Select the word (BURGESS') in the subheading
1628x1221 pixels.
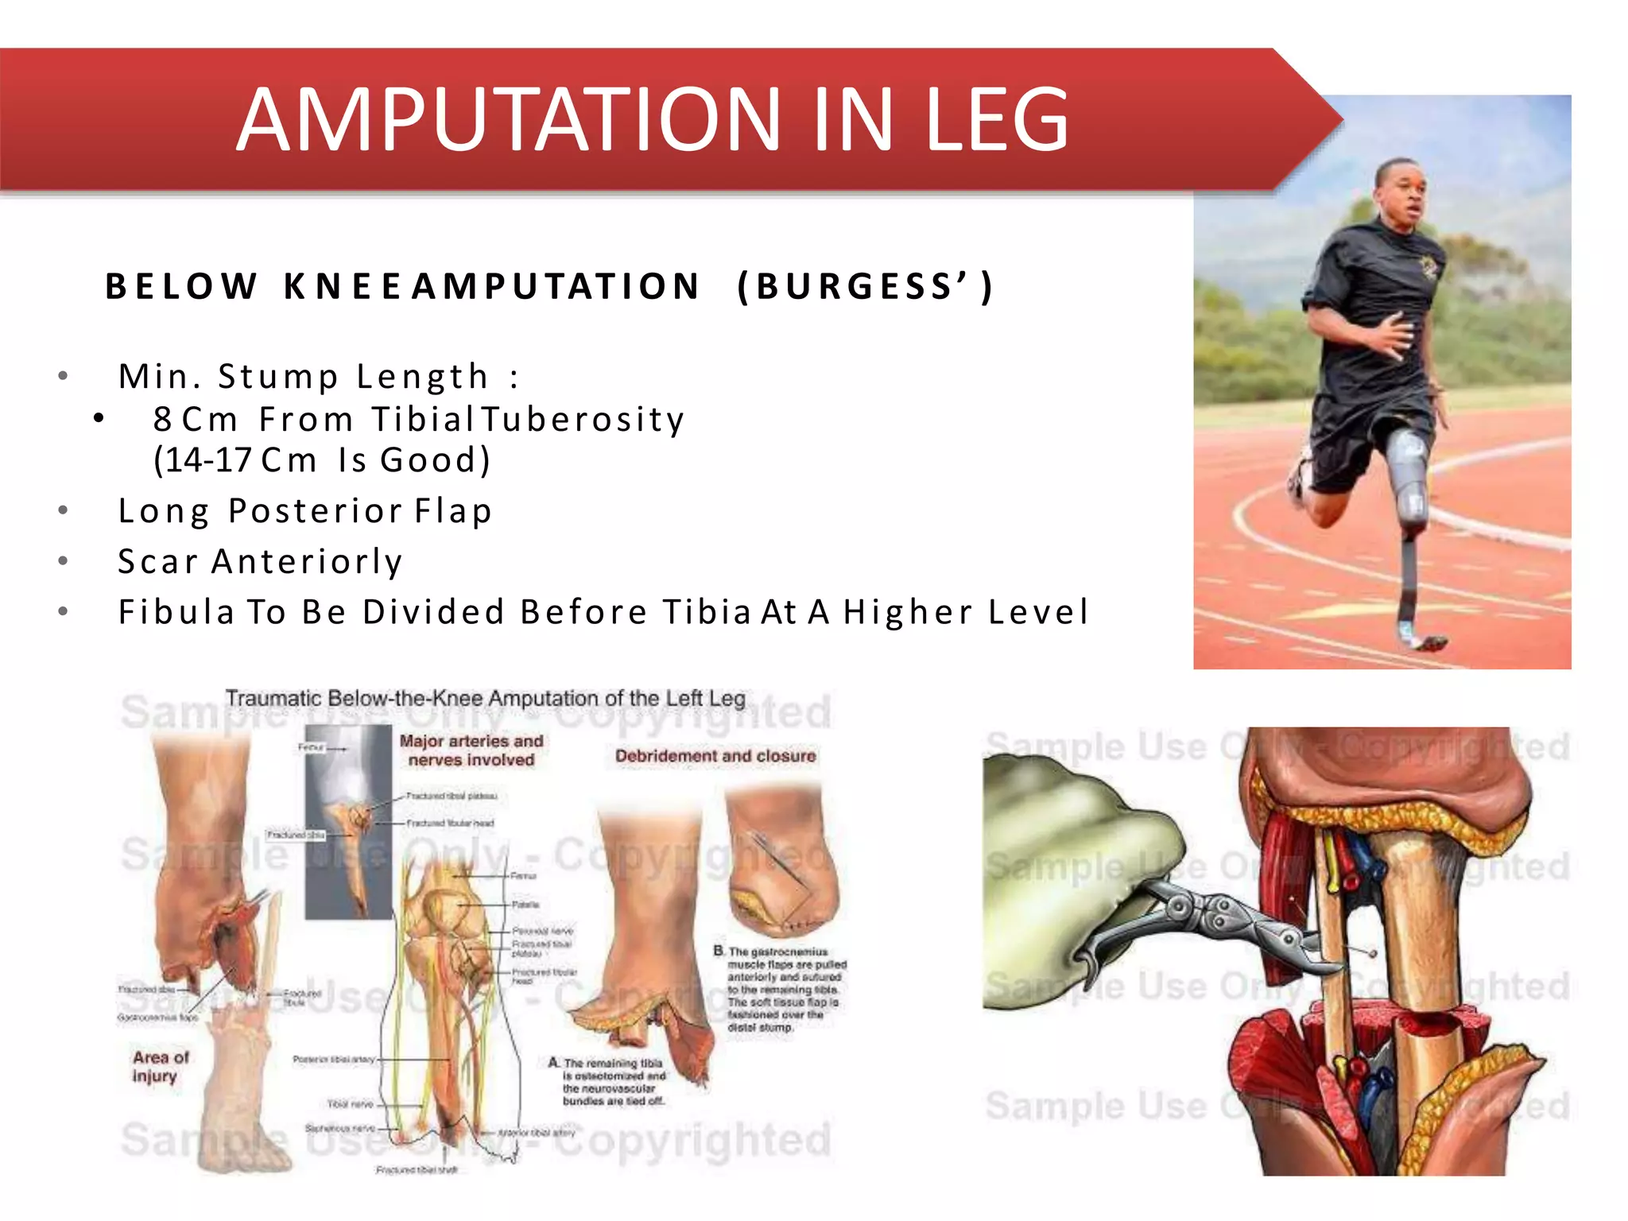865,286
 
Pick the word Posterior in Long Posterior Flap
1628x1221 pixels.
316,510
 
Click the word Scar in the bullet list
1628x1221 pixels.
157,561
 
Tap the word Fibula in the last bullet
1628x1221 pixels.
176,612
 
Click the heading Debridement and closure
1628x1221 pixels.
715,756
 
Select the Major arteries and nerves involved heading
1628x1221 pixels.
471,750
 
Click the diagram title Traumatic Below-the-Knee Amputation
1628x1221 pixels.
485,699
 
